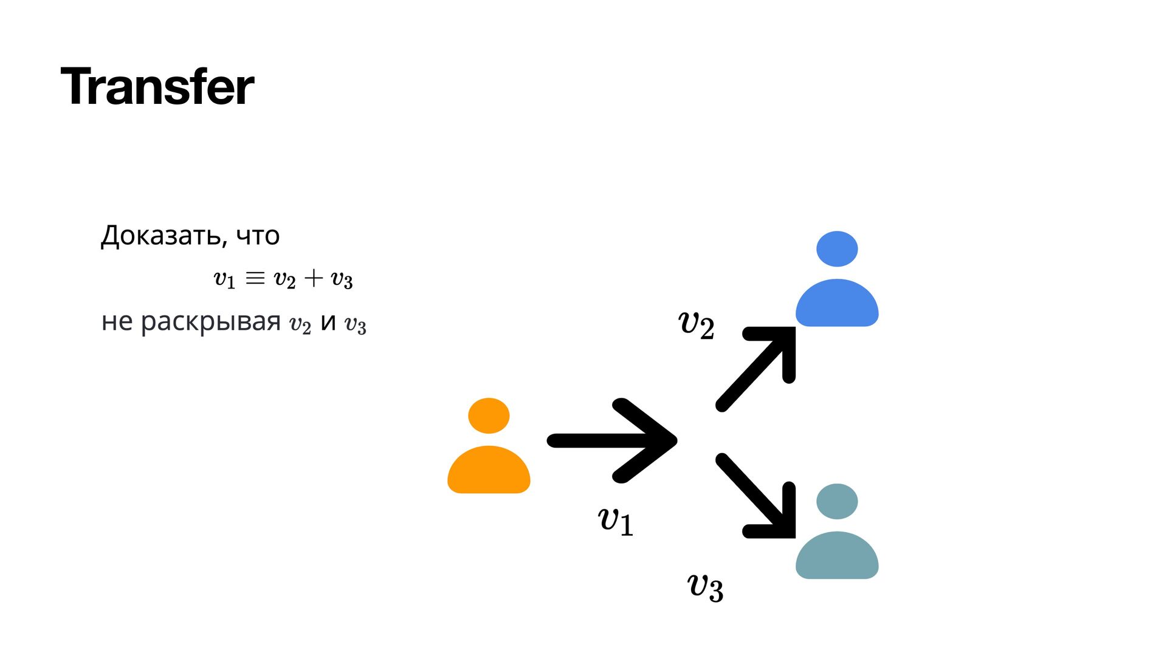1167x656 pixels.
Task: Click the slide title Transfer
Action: (157, 87)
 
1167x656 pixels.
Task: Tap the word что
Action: (258, 236)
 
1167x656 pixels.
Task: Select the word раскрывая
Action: (210, 322)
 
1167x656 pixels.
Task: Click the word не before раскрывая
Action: (116, 322)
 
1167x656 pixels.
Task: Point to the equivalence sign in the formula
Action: (255, 278)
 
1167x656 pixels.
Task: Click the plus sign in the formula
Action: (314, 278)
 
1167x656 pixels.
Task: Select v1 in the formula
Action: (224, 279)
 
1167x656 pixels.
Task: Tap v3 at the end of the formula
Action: (342, 279)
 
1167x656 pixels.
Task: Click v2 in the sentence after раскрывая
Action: (300, 324)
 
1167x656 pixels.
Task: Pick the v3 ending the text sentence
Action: (356, 324)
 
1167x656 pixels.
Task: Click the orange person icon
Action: (489, 446)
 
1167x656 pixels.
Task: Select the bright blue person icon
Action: (837, 279)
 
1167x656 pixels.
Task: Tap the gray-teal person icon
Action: (837, 531)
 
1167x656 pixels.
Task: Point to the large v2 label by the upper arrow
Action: (696, 323)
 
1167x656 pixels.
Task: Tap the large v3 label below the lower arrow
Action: (705, 586)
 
